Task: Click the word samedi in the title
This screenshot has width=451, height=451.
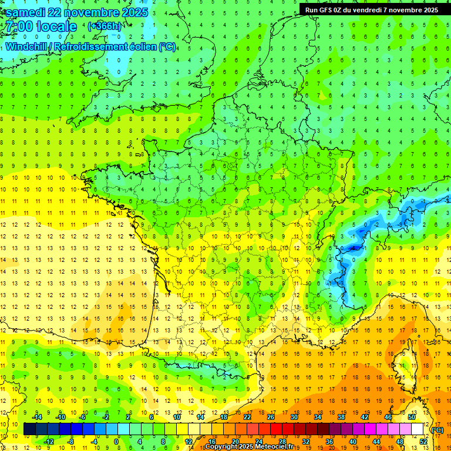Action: (x=29, y=13)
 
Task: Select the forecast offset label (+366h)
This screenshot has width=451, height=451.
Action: (x=105, y=26)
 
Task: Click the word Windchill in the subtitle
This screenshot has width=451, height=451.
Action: (x=26, y=46)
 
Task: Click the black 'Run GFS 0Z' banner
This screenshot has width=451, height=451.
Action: (x=371, y=10)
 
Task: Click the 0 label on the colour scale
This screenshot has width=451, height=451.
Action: (x=116, y=441)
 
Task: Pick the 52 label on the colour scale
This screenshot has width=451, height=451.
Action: (x=423, y=441)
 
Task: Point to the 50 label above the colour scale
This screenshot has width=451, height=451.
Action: (x=411, y=416)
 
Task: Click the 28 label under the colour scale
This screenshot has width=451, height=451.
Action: (x=282, y=441)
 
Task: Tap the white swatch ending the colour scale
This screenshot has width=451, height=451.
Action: (x=417, y=429)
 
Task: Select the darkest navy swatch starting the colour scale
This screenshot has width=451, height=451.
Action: (x=30, y=429)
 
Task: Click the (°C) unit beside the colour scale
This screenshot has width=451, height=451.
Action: (x=437, y=430)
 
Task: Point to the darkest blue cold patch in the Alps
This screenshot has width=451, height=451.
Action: (x=354, y=248)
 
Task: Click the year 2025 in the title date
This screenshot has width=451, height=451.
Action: (x=132, y=13)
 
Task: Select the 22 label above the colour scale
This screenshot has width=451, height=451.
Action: (x=247, y=416)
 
